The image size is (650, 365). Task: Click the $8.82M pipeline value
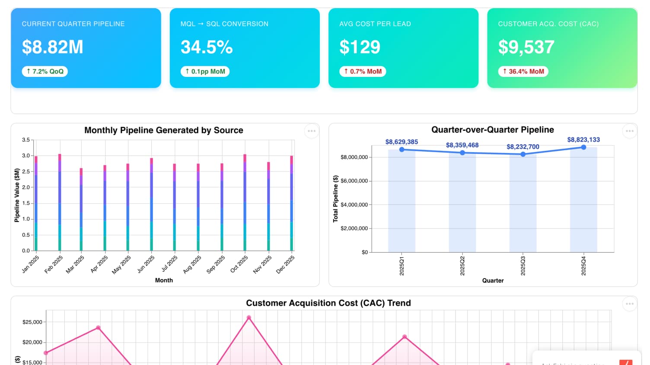tap(52, 47)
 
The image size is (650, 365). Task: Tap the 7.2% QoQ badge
tap(45, 71)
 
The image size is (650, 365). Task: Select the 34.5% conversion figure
tap(207, 47)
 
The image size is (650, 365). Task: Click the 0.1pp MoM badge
tap(205, 71)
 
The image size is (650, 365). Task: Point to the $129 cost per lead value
tap(360, 47)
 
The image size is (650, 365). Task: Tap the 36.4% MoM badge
tap(523, 71)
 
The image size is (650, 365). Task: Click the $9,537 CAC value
tap(526, 47)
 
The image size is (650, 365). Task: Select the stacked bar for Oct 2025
tap(245, 203)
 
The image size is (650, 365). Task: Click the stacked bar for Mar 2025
tap(81, 212)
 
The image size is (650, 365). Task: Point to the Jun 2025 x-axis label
tap(146, 264)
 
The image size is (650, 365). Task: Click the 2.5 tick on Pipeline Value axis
tap(26, 171)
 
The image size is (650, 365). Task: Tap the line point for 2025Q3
tap(523, 154)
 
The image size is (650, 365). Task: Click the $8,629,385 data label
tap(401, 142)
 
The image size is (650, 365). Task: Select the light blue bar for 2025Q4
tap(583, 203)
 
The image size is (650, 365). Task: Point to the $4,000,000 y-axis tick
tap(354, 205)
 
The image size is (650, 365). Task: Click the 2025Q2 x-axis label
tap(462, 266)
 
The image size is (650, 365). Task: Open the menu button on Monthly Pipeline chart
tap(312, 131)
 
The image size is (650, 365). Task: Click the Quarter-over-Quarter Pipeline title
tap(492, 130)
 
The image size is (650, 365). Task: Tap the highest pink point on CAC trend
tap(249, 317)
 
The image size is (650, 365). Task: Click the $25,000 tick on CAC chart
tap(32, 322)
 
